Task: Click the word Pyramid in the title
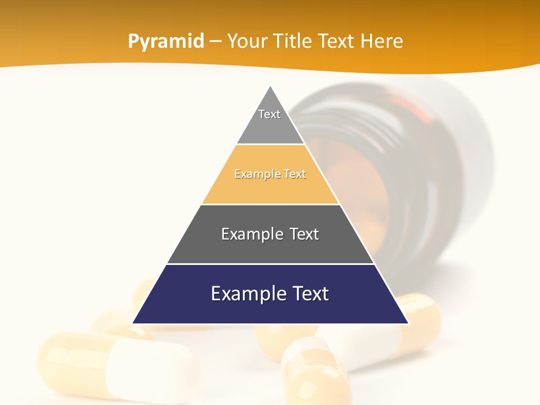166,42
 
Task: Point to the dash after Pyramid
215,42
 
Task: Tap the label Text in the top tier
269,114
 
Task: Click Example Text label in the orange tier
270,174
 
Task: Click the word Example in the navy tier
242,294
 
